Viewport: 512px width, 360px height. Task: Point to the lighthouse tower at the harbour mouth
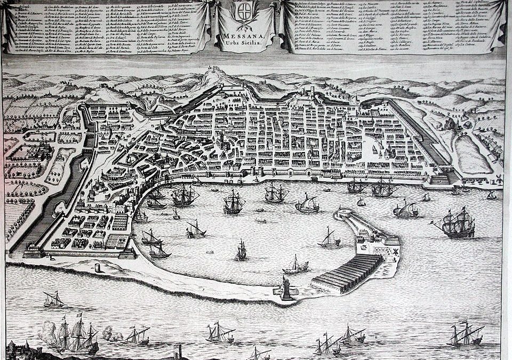click(x=288, y=288)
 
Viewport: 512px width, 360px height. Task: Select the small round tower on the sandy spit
click(x=97, y=267)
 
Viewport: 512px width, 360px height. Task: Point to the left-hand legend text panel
click(x=107, y=27)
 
